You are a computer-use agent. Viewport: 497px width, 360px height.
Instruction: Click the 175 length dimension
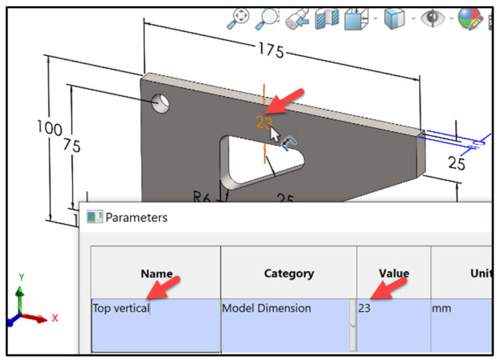[x=271, y=52]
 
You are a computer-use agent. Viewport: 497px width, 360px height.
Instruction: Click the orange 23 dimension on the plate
[x=264, y=122]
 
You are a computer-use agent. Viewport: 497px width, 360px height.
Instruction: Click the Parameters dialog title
[x=135, y=218]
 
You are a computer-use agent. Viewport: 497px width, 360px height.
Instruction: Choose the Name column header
[x=156, y=273]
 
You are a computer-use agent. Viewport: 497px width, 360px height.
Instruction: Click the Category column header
[x=288, y=273]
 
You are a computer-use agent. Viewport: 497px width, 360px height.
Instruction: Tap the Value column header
[x=394, y=273]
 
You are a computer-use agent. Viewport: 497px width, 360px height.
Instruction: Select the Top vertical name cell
[x=122, y=308]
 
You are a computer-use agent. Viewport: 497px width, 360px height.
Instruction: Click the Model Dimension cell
[x=266, y=308]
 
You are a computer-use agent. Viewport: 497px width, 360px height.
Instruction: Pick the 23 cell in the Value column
[x=365, y=308]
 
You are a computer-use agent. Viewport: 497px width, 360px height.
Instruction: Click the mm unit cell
[x=441, y=308]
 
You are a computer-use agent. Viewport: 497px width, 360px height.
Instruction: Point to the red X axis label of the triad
[x=55, y=318]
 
